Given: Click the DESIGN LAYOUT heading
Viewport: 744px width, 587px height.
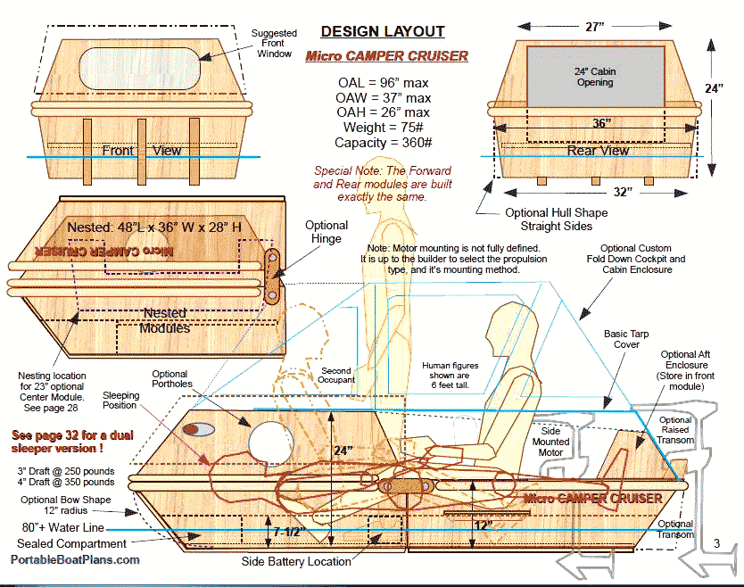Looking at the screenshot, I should click(x=382, y=32).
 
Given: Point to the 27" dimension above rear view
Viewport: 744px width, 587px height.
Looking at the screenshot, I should click(x=596, y=27).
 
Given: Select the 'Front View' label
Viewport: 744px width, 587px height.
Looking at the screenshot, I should click(x=142, y=150).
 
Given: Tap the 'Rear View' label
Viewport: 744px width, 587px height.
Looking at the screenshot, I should click(x=598, y=151).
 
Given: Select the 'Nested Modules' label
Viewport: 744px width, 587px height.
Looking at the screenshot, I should click(x=165, y=320).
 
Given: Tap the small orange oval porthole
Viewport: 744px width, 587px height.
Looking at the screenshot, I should click(x=190, y=429).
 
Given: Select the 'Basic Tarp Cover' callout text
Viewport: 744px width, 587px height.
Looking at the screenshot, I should click(x=627, y=339).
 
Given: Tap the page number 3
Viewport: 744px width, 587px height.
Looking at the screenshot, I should click(x=716, y=542).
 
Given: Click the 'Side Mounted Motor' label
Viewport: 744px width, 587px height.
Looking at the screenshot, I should click(x=550, y=442).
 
